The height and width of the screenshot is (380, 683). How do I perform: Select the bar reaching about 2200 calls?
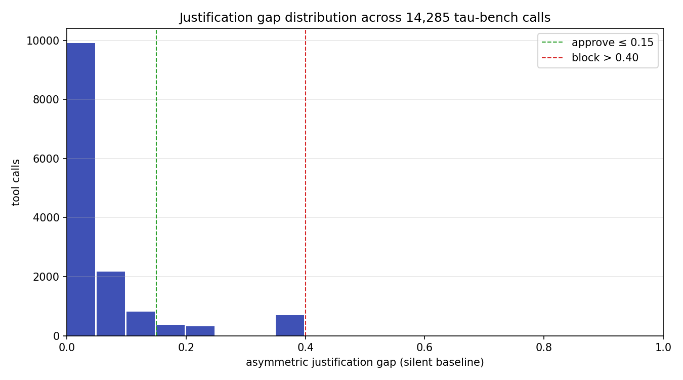click(x=111, y=303)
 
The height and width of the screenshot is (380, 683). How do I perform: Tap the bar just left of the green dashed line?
click(x=141, y=324)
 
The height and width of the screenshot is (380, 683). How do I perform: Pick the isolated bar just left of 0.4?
click(x=290, y=325)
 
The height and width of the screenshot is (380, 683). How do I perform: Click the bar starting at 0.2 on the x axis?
click(x=200, y=331)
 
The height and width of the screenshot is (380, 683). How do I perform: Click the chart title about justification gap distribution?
click(x=364, y=18)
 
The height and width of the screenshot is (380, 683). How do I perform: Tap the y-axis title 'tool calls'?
click(x=16, y=182)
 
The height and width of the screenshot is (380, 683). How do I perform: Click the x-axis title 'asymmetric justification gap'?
click(x=364, y=362)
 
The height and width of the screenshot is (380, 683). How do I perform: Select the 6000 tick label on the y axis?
click(x=47, y=159)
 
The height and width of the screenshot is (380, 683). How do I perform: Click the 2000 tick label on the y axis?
click(x=47, y=277)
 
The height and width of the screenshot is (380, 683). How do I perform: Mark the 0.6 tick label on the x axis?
click(x=424, y=347)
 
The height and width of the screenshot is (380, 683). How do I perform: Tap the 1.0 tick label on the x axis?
click(x=663, y=347)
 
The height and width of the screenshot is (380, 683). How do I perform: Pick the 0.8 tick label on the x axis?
click(x=543, y=347)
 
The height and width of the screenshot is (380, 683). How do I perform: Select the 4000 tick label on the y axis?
click(x=47, y=218)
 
